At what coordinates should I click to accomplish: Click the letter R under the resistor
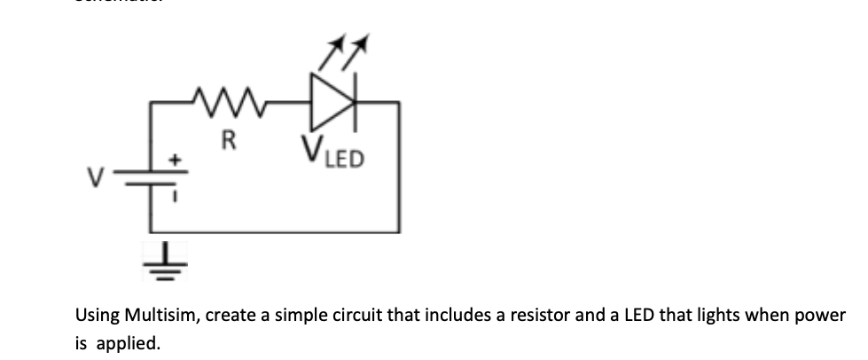click(x=229, y=140)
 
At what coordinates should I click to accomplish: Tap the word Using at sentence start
click(x=96, y=316)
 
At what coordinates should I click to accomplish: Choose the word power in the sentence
click(x=822, y=316)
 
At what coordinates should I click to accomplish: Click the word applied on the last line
click(x=125, y=341)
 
